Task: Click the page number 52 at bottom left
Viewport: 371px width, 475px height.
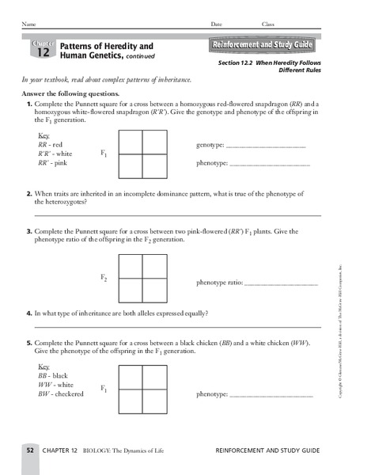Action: click(29, 450)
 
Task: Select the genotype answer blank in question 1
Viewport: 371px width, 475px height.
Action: click(265, 147)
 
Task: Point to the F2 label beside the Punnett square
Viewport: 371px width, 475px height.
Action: click(104, 278)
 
